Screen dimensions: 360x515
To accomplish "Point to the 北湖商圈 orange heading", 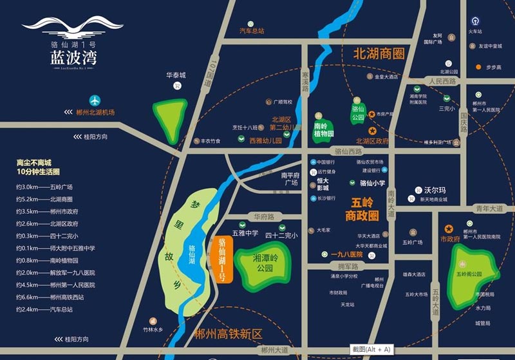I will coord(382,54).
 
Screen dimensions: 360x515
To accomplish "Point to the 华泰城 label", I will coord(175,75).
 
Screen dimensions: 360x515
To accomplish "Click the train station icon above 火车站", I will coord(475,21).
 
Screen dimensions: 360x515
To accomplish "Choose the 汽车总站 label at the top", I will coord(252,30).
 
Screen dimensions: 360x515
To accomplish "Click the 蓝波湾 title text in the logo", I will coord(73,58).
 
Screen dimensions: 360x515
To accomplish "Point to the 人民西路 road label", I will coord(442,82).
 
